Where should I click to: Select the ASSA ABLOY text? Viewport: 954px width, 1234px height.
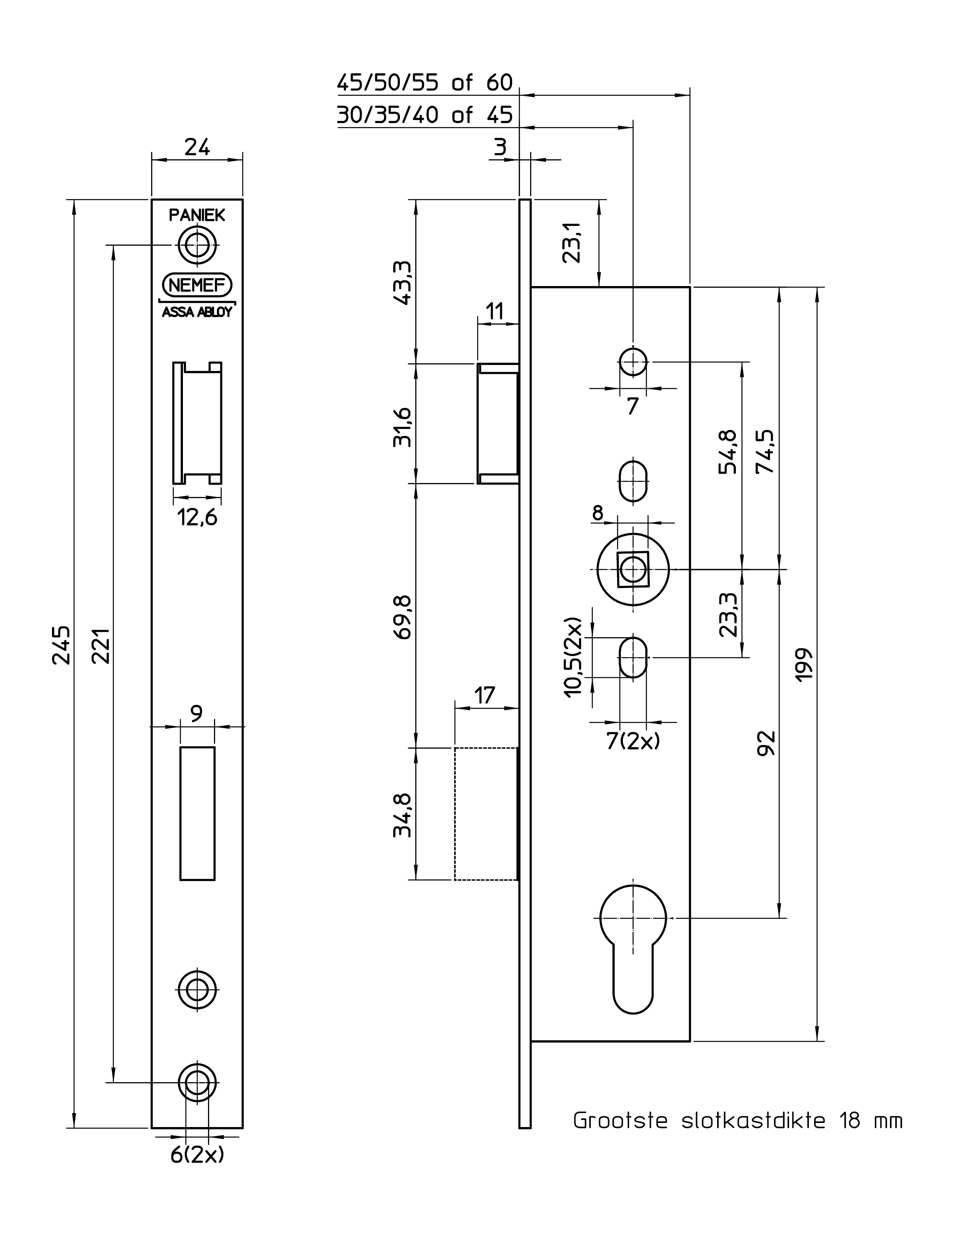coord(197,313)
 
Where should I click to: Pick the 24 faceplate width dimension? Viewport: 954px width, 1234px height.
coord(197,147)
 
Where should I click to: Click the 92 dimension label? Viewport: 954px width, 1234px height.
coord(767,743)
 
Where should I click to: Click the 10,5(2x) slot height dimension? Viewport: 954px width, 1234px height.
coord(573,657)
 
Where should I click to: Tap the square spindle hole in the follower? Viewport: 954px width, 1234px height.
coord(633,569)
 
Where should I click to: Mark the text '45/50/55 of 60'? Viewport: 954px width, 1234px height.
coord(425,83)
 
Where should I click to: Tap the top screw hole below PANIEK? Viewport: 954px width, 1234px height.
coord(197,245)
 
